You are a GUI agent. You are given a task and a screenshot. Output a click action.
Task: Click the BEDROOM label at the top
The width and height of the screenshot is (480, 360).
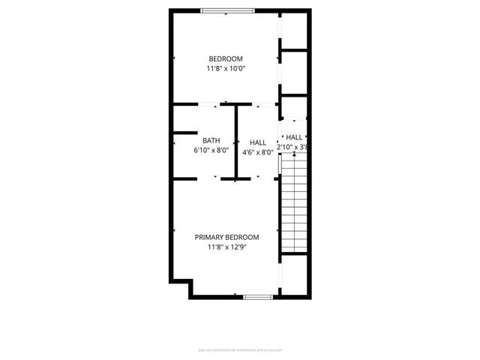pyautogui.click(x=226, y=58)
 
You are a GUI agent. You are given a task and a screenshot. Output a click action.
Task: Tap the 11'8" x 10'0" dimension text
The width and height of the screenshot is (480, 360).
pyautogui.click(x=226, y=69)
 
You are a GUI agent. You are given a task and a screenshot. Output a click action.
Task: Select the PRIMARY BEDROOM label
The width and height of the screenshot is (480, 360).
pyautogui.click(x=226, y=237)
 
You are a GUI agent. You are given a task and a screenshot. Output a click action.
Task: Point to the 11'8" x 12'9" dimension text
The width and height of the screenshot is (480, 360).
pyautogui.click(x=226, y=247)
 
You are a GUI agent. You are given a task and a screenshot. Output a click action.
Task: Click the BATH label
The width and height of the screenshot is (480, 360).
pyautogui.click(x=211, y=140)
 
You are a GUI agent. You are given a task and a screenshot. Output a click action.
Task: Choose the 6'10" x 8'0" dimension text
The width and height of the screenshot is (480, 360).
pyautogui.click(x=211, y=151)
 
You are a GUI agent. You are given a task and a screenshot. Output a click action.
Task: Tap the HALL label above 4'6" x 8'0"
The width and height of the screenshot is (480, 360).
pyautogui.click(x=258, y=142)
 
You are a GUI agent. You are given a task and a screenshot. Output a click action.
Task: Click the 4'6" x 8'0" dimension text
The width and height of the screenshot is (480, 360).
pyautogui.click(x=258, y=152)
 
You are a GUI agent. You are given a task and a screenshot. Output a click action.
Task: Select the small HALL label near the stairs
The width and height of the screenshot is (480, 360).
pyautogui.click(x=294, y=137)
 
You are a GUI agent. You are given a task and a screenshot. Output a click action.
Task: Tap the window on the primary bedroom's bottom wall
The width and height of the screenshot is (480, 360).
pyautogui.click(x=257, y=297)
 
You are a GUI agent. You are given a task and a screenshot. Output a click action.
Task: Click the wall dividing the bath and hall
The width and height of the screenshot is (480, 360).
pyautogui.click(x=236, y=142)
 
